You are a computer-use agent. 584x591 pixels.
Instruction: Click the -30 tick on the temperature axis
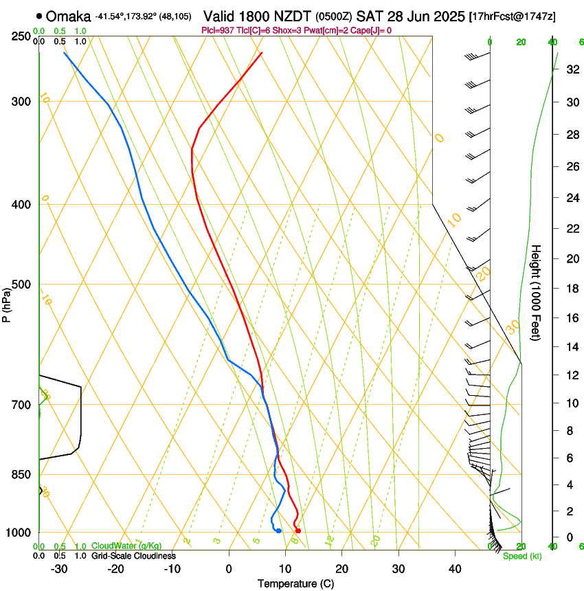click(x=59, y=568)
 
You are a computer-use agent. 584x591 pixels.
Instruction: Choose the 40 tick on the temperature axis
click(x=454, y=568)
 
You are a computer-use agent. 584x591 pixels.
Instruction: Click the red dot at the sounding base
click(x=297, y=531)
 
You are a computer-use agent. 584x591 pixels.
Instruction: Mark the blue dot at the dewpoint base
click(x=278, y=531)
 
